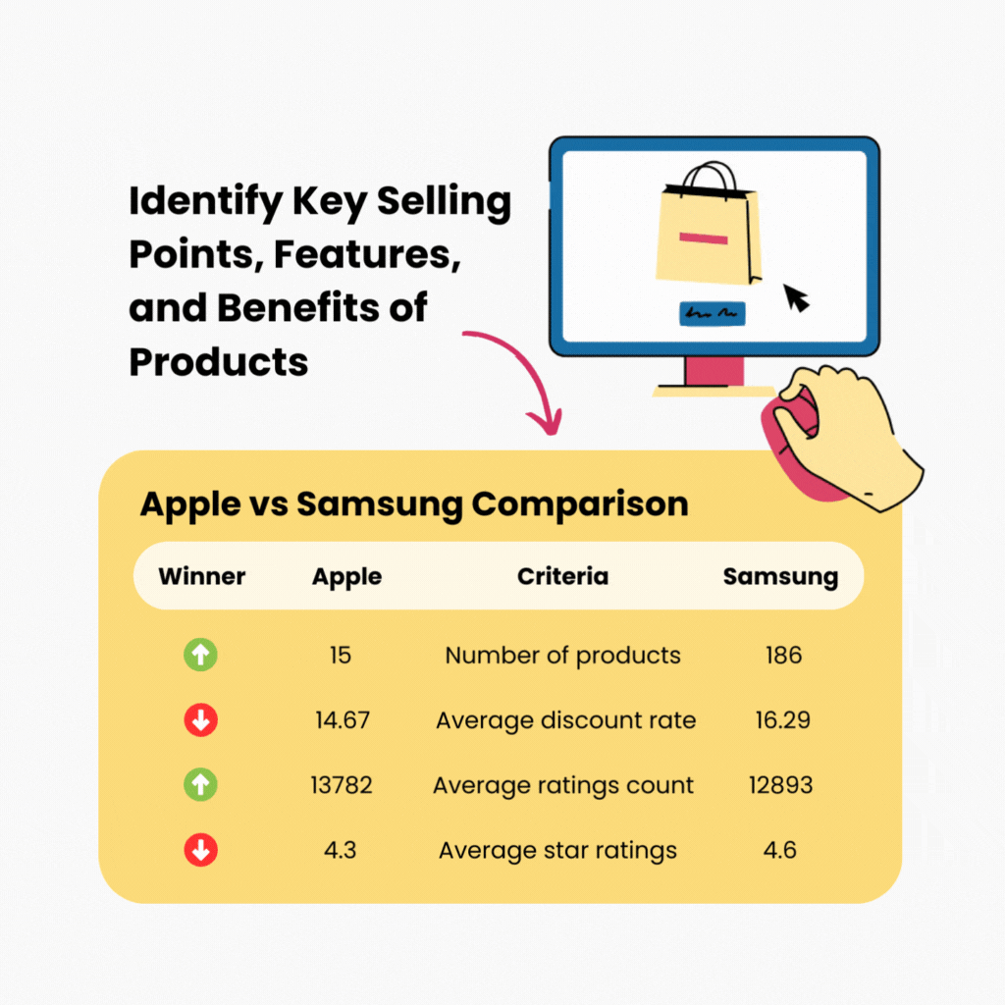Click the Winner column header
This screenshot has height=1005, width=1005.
tap(202, 576)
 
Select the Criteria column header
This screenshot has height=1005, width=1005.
tap(562, 576)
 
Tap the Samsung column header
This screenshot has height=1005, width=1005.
tap(780, 576)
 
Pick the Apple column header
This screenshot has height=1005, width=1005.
tap(346, 576)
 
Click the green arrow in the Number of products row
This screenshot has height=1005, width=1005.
tap(201, 655)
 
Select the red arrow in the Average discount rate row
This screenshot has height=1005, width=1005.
tap(201, 720)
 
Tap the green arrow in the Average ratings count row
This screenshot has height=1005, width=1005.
tap(201, 785)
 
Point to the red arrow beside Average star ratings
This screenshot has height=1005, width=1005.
tap(201, 850)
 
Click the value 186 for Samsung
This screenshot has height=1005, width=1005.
tap(783, 655)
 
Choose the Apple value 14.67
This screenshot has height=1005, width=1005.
tap(343, 720)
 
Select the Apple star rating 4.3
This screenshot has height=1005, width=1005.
tap(342, 850)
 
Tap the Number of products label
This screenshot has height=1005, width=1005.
tap(562, 655)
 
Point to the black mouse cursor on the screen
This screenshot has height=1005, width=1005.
tap(796, 297)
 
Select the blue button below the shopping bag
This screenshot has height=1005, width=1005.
tap(711, 314)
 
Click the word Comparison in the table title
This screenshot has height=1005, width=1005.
tap(580, 504)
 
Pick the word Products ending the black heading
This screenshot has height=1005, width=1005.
tap(219, 362)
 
